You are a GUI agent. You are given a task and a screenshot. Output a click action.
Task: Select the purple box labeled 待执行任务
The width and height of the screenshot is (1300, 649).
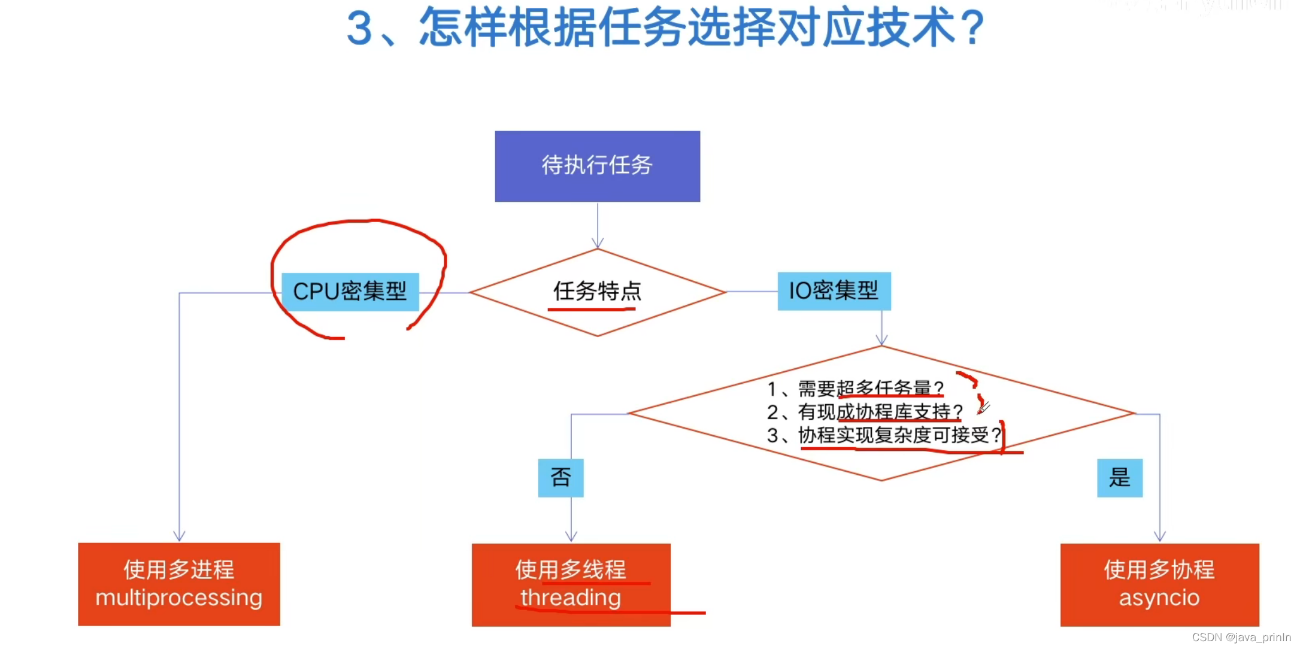pyautogui.click(x=597, y=166)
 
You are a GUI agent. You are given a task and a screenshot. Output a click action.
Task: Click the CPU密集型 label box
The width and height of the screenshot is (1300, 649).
pyautogui.click(x=350, y=292)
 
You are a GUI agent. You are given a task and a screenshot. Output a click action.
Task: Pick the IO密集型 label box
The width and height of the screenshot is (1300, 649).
pyautogui.click(x=834, y=291)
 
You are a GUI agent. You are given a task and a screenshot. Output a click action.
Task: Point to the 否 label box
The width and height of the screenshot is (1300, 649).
pyautogui.click(x=560, y=478)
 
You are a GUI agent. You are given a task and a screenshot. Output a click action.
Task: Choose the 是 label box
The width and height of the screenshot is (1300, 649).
pyautogui.click(x=1119, y=478)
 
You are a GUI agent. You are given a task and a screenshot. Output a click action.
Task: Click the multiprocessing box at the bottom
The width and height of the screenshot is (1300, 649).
pyautogui.click(x=178, y=584)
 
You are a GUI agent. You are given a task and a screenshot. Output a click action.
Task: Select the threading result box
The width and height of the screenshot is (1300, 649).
pyautogui.click(x=571, y=584)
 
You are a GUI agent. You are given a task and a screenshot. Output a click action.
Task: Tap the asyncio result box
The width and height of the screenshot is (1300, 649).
pyautogui.click(x=1159, y=584)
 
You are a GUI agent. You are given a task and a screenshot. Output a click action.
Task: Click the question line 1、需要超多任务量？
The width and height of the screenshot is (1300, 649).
pyautogui.click(x=855, y=389)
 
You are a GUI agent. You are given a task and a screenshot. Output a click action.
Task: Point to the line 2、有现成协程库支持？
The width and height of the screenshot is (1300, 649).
pyautogui.click(x=865, y=412)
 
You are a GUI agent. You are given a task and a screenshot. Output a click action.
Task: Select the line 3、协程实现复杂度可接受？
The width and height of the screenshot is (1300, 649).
pyautogui.click(x=884, y=435)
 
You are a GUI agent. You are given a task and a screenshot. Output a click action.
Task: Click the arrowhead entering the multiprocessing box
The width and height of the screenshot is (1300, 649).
pyautogui.click(x=179, y=536)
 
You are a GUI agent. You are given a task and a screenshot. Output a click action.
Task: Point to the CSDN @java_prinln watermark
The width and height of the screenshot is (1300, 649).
pyautogui.click(x=1241, y=638)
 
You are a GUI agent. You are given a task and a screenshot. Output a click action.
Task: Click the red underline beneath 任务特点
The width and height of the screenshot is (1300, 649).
pyautogui.click(x=591, y=310)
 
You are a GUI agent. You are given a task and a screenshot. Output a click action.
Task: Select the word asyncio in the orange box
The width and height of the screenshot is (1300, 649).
pyautogui.click(x=1159, y=598)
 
